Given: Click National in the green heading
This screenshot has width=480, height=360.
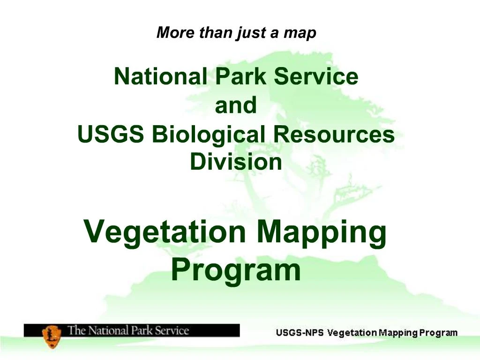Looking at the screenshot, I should [160, 76].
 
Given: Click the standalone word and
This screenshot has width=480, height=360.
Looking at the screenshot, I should [236, 105].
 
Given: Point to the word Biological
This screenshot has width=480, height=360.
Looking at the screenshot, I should [209, 135].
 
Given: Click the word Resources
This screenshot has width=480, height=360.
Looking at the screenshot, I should [334, 135].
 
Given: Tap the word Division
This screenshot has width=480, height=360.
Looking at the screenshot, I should [236, 162].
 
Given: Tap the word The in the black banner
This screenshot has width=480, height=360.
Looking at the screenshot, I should [77, 330].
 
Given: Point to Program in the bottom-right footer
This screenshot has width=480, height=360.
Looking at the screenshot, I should [438, 333].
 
